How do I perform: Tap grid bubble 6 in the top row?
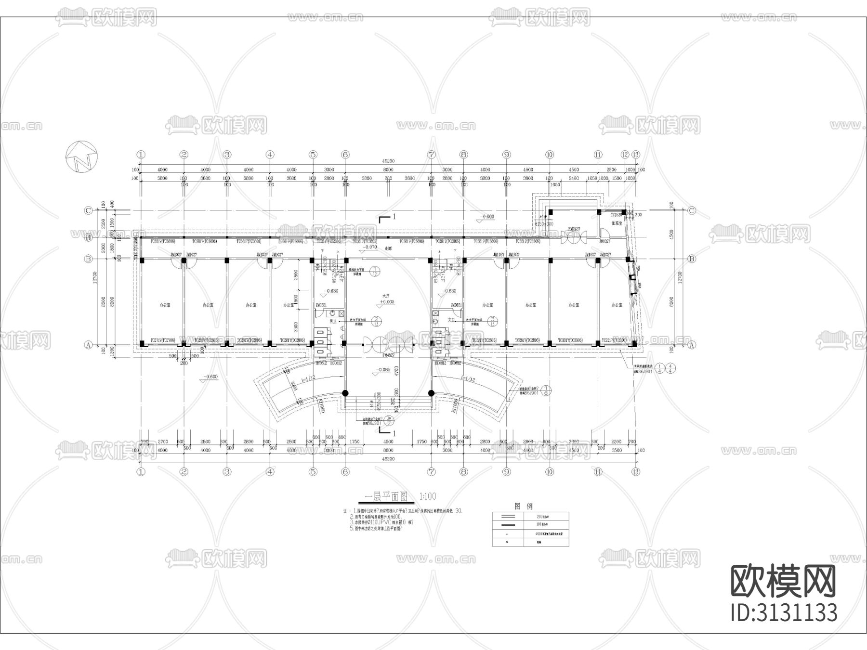tap(345, 155)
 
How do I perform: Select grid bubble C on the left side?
tap(88, 210)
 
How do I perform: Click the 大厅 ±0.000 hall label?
tap(386, 299)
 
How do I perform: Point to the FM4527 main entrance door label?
tap(388, 356)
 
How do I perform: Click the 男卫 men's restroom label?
tap(332, 320)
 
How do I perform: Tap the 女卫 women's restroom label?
tap(451, 320)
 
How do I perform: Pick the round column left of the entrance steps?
tap(345, 393)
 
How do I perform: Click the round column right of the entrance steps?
tap(431, 393)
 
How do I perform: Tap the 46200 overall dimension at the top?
tap(388, 163)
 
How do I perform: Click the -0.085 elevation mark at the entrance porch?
tap(383, 370)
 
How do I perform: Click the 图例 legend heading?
tap(523, 506)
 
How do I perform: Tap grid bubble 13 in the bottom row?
tap(636, 472)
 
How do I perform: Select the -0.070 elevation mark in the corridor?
tap(370, 247)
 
